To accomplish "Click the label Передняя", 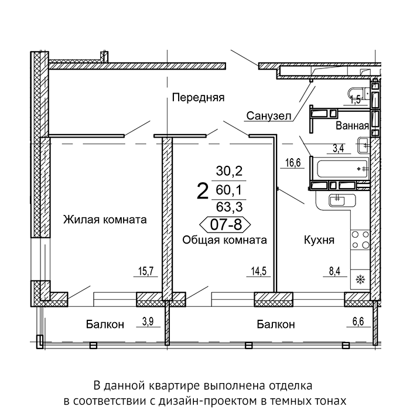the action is pyautogui.click(x=198, y=98).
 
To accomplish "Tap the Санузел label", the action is pyautogui.click(x=268, y=116).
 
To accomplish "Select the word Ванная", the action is pyautogui.click(x=352, y=126).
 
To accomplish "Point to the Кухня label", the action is pyautogui.click(x=319, y=240).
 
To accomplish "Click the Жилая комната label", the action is pyautogui.click(x=105, y=220).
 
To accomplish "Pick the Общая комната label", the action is pyautogui.click(x=224, y=240).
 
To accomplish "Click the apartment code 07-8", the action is pyautogui.click(x=225, y=224).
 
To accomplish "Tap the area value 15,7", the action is pyautogui.click(x=146, y=271).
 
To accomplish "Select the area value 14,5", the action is pyautogui.click(x=259, y=271).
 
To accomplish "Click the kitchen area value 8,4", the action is pyautogui.click(x=334, y=271).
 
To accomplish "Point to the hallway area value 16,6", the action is pyautogui.click(x=293, y=163).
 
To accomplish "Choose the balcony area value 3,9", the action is pyautogui.click(x=148, y=322).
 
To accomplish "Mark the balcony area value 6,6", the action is pyautogui.click(x=358, y=322).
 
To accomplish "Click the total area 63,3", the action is pyautogui.click(x=230, y=207).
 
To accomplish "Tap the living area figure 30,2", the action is pyautogui.click(x=230, y=171).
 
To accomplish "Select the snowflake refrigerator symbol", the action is pyautogui.click(x=361, y=280).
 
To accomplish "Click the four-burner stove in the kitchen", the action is pyautogui.click(x=360, y=240).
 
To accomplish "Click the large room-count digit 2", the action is pyautogui.click(x=203, y=191).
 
